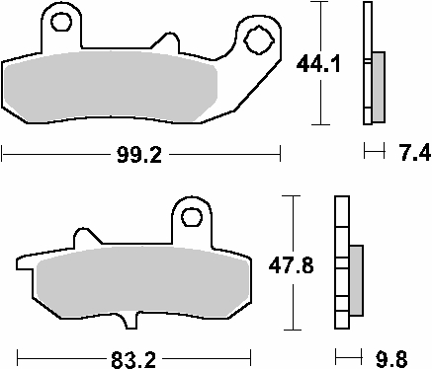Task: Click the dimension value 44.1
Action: (317, 67)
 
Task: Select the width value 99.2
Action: (139, 154)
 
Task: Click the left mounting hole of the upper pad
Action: (63, 22)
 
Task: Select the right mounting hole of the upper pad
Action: (259, 40)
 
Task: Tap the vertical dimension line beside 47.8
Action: (289, 306)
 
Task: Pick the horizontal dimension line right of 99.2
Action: (227, 154)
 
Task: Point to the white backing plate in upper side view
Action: (368, 99)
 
